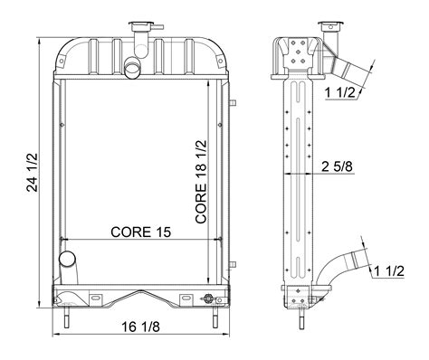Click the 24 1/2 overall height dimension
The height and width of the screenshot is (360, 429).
pyautogui.click(x=33, y=173)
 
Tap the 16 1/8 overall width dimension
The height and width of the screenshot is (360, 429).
pyautogui.click(x=140, y=327)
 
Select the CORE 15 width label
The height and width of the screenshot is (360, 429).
pyautogui.click(x=140, y=232)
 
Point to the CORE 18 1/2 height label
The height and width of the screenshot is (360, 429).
pyautogui.click(x=201, y=182)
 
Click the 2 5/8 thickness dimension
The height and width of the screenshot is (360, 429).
pyautogui.click(x=337, y=166)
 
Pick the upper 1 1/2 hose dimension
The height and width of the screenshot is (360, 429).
pyautogui.click(x=340, y=93)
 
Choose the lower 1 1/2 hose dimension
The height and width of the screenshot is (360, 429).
pyautogui.click(x=388, y=271)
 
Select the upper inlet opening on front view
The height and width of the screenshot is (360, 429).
pyautogui.click(x=132, y=68)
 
